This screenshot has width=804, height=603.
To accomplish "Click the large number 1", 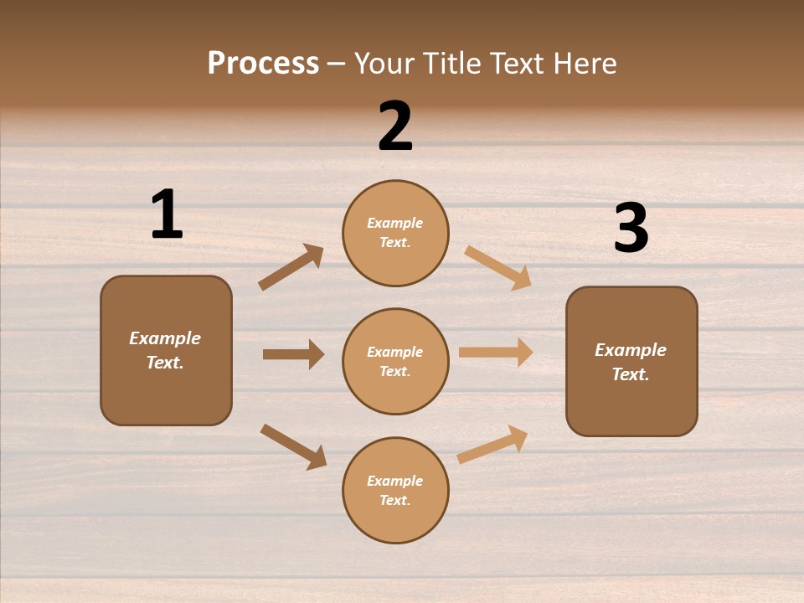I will pos(167,215).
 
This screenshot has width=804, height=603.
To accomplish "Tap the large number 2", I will pos(395,126).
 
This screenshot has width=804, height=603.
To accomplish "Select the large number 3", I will pos(631,229).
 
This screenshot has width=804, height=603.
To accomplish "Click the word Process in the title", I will pos(263,63).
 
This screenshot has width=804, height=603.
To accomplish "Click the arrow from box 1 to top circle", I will pos(291,266).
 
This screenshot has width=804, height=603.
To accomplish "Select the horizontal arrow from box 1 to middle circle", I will pos(293,354).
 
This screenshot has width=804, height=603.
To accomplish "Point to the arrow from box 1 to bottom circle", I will pos(293,446).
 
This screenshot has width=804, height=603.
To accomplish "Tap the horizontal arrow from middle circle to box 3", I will pos(496,353).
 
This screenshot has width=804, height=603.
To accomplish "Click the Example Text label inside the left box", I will pos(165,350).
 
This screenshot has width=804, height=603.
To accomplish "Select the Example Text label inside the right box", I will pos(631,362).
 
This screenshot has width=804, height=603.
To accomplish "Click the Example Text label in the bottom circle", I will pos(394,491).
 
